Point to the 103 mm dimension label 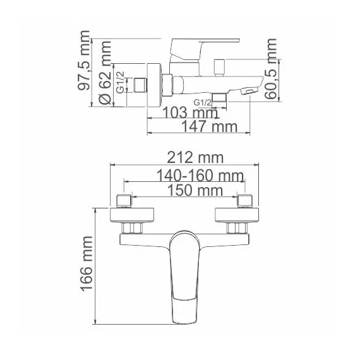tap(186, 113)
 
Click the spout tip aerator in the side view tap(251, 92)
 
